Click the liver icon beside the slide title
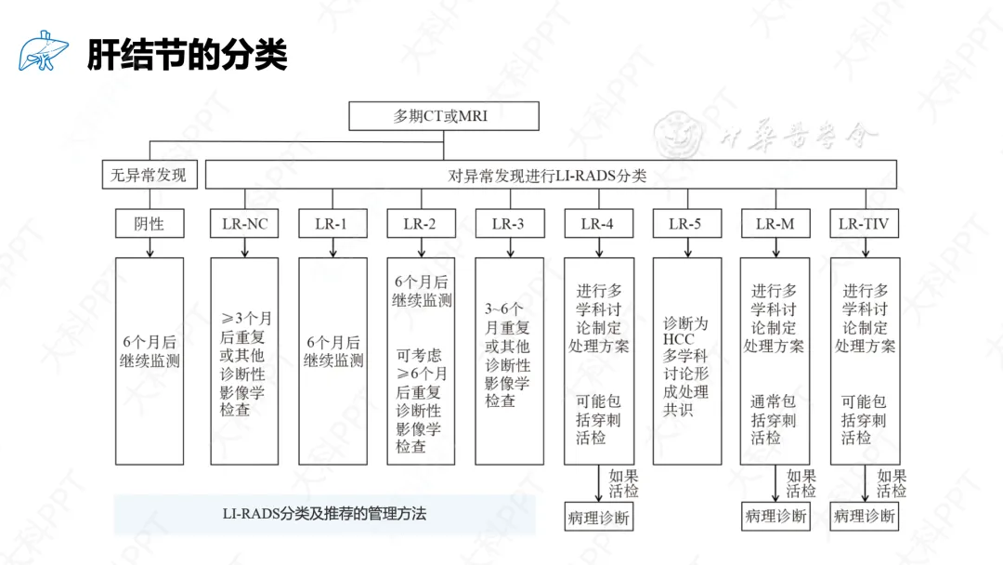[x=43, y=52]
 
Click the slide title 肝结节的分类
[x=187, y=55]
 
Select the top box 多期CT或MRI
[x=443, y=116]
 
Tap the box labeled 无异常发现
[x=149, y=175]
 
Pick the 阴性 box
[x=149, y=224]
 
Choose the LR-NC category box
[x=244, y=224]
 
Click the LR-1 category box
[x=332, y=224]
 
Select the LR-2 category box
[x=420, y=224]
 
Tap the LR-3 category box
[x=508, y=224]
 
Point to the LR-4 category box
[x=597, y=224]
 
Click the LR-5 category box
[x=685, y=224]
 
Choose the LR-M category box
[x=775, y=224]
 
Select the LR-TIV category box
[x=863, y=224]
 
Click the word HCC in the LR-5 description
[x=678, y=339]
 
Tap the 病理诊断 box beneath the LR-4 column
[x=598, y=518]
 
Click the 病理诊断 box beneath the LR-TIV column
[x=864, y=516]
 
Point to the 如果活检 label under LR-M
[x=801, y=483]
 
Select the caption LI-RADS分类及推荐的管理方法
[x=324, y=513]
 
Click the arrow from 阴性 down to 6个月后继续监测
[x=150, y=247]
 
